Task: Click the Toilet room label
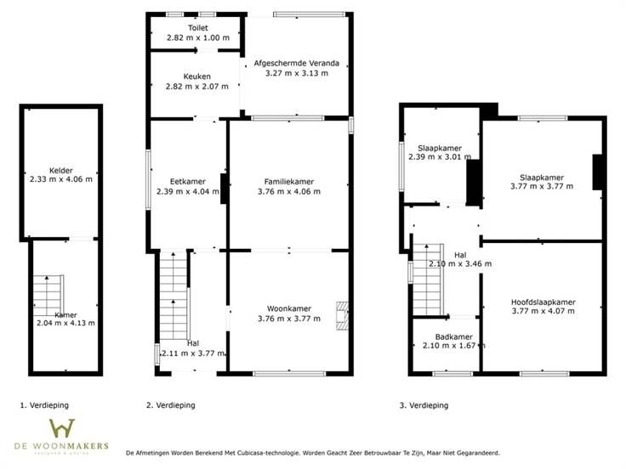point(198,28)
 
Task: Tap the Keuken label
point(196,76)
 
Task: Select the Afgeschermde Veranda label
point(297,63)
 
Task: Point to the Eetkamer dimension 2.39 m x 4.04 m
point(188,191)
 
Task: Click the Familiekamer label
point(289,182)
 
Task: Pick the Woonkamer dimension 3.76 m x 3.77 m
point(289,319)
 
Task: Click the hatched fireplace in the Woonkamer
point(342,316)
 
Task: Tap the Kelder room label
point(61,171)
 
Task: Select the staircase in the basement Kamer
point(48,296)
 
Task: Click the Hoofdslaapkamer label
point(543,302)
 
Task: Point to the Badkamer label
point(454,337)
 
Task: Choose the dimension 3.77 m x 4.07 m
point(543,311)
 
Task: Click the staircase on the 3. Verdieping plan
point(428,280)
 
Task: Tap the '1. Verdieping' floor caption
point(44,405)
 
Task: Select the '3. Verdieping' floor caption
point(424,405)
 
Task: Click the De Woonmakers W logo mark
point(62,428)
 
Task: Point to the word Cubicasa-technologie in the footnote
point(268,453)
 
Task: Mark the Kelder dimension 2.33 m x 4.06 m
point(61,179)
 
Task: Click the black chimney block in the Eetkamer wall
point(224,189)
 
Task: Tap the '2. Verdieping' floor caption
point(171,405)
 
